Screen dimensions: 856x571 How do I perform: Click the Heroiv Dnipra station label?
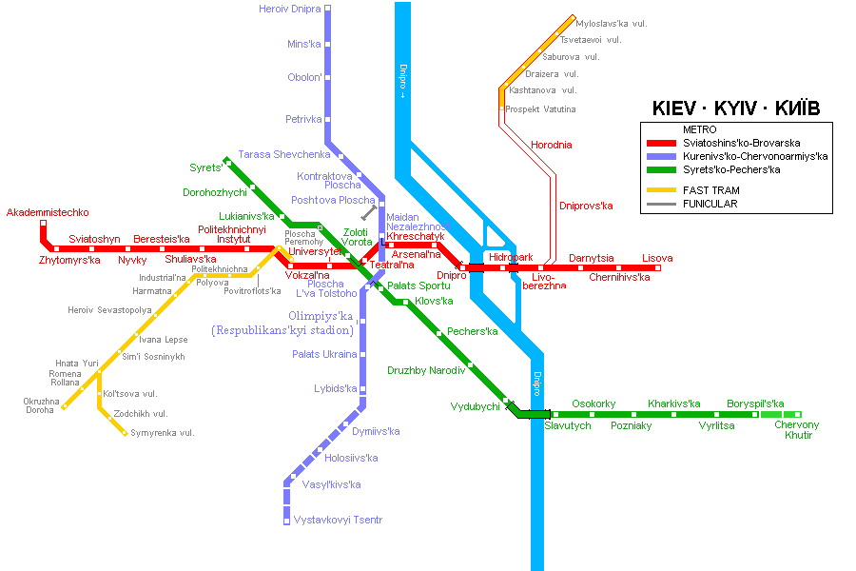point(289,9)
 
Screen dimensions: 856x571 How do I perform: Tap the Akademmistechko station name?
point(48,212)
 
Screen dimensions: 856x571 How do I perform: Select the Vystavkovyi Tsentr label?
point(338,520)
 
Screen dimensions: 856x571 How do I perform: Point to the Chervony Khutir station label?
point(796,430)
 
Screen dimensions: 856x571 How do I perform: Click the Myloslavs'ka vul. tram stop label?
point(612,24)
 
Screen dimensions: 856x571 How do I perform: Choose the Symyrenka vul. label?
point(162,433)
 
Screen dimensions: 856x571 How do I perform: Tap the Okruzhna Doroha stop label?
point(41,405)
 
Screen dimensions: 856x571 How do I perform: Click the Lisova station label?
point(657,258)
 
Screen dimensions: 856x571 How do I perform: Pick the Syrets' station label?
point(205,167)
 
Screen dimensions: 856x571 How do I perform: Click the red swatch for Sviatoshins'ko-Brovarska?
point(661,143)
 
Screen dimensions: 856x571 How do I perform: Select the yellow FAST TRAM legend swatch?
point(661,190)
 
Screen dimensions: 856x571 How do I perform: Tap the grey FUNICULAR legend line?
point(661,204)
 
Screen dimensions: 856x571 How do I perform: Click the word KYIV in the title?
point(735,108)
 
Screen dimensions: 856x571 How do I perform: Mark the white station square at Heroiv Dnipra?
point(327,9)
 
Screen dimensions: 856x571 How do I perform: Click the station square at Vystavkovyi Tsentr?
point(286,522)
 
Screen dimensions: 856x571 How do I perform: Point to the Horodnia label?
point(552,145)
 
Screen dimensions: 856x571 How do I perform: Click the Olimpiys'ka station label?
point(321,316)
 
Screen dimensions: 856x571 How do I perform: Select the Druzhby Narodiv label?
point(426,370)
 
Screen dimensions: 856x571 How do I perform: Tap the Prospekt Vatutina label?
point(540,109)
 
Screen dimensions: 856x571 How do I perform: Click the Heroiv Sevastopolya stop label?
point(109,310)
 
